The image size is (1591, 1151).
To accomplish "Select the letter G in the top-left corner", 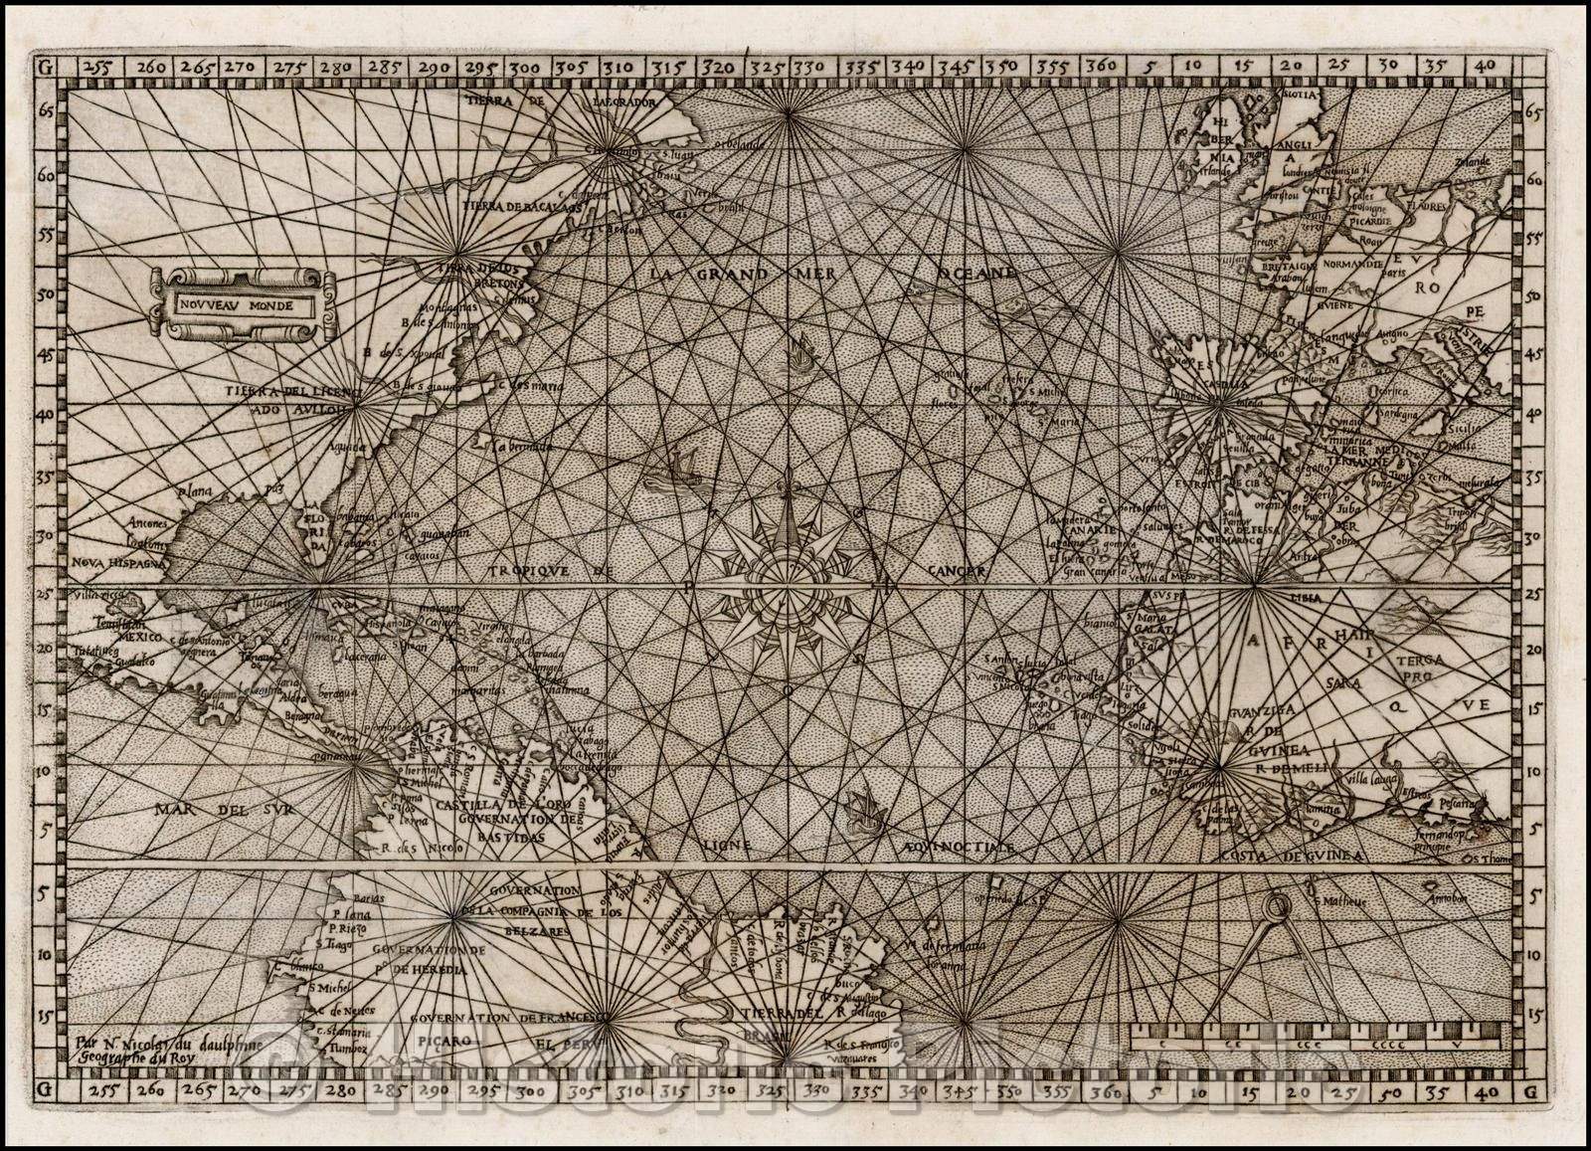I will (43, 67).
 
